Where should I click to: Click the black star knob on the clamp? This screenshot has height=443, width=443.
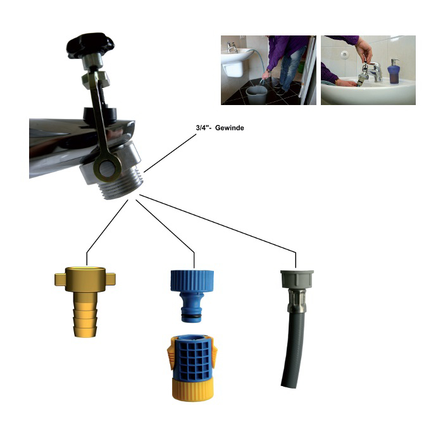pos(90,45)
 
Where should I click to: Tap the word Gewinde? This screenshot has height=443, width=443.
pos(229,128)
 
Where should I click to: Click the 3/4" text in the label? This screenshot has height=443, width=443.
pos(203,128)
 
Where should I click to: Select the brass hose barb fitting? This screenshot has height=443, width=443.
pos(85,301)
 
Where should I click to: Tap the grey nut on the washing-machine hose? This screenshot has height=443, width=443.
pos(297,279)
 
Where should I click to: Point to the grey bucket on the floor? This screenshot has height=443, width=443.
pos(256,95)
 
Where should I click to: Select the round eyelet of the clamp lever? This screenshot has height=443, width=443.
pos(108,169)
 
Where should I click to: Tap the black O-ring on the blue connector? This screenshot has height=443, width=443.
pos(192,314)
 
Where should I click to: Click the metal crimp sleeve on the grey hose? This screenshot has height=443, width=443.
pos(296,301)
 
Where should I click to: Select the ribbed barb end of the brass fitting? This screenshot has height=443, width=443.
pos(85,321)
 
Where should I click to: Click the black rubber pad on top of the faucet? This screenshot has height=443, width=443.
pos(99,114)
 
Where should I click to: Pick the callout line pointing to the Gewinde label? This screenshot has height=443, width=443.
pos(170,153)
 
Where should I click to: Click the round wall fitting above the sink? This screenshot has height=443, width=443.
pos(344,54)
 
